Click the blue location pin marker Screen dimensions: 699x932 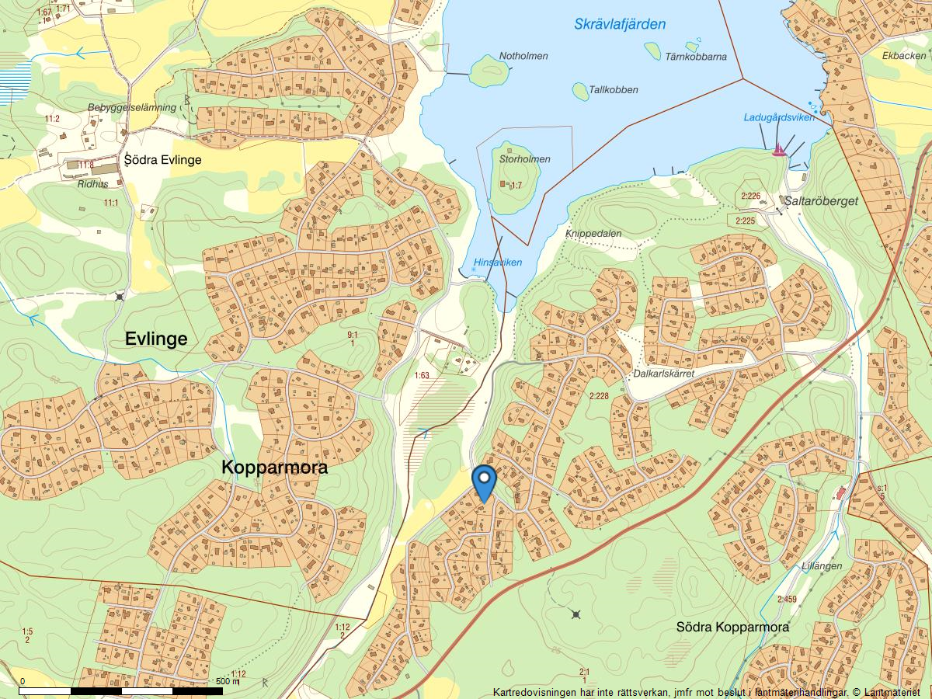click(x=484, y=482)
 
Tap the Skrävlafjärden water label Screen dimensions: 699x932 click(x=620, y=24)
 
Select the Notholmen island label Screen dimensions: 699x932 click(x=523, y=56)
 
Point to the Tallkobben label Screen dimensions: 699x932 click(x=613, y=89)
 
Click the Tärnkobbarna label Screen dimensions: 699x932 click(x=695, y=57)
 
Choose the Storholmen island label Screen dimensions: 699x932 click(x=525, y=159)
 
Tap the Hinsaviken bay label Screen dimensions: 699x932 click(x=498, y=263)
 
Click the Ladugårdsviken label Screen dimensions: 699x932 click(x=778, y=117)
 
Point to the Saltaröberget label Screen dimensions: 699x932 click(x=821, y=200)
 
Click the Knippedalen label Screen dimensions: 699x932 click(x=593, y=232)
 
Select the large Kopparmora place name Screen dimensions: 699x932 click(x=274, y=468)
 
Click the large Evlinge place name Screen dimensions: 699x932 click(x=156, y=339)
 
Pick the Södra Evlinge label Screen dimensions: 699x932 click(x=163, y=160)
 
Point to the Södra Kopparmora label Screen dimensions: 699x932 click(x=732, y=627)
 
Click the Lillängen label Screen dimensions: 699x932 click(x=822, y=566)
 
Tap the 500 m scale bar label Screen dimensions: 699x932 click(x=228, y=681)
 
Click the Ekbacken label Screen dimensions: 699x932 click(x=904, y=56)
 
